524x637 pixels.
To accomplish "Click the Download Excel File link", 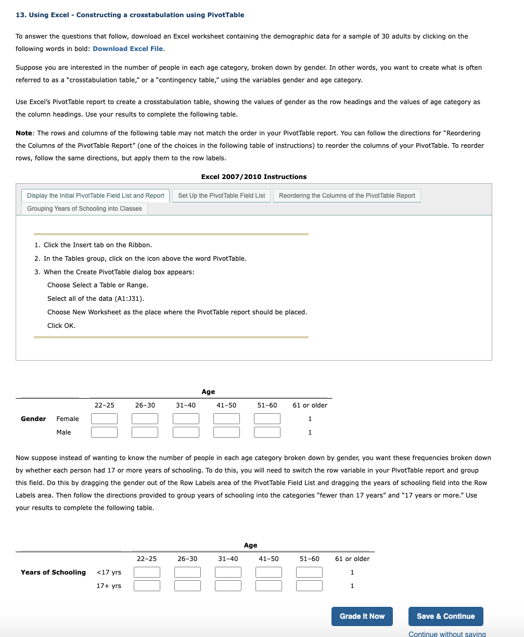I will click(128, 49).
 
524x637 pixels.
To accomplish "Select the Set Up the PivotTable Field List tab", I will click(221, 196).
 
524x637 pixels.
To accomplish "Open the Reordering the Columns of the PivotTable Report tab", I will click(347, 196).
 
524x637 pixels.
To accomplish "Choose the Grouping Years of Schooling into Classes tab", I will click(84, 209).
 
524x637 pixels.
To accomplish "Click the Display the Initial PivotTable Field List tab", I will click(95, 196).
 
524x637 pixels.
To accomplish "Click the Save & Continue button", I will click(445, 616).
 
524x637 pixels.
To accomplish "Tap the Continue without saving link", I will click(447, 633).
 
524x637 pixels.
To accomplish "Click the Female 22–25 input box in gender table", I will click(104, 419).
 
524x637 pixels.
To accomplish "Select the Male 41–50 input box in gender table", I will click(226, 432).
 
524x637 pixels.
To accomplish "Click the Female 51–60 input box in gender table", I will click(267, 419).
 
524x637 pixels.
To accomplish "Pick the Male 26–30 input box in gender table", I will click(145, 432).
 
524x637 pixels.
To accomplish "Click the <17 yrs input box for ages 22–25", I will click(147, 572).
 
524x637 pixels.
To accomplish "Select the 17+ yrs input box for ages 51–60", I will click(309, 586).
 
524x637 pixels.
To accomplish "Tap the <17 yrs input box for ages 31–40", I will click(228, 572).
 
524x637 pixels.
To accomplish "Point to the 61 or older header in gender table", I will click(310, 405).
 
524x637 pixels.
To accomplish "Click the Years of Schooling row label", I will click(53, 572).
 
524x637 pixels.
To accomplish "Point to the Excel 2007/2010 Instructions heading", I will click(253, 177).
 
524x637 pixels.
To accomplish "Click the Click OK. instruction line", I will click(61, 326).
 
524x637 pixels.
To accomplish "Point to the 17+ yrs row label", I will click(109, 586).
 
